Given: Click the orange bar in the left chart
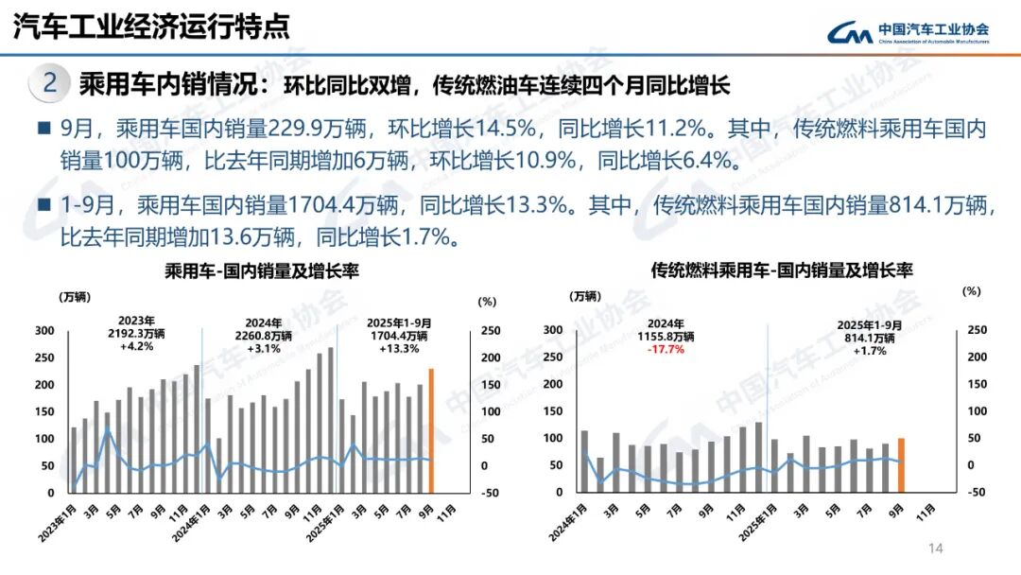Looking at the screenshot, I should click(x=431, y=430).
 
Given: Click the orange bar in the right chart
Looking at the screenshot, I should click(x=902, y=465).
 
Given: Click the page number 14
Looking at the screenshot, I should click(x=937, y=549).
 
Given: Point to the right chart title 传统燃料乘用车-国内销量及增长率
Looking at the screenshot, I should click(x=781, y=270).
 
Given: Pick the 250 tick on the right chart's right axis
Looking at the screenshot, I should click(x=977, y=330).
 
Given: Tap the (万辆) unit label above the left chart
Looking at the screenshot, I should click(x=77, y=297).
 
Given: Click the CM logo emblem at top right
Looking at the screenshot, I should click(x=850, y=33).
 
